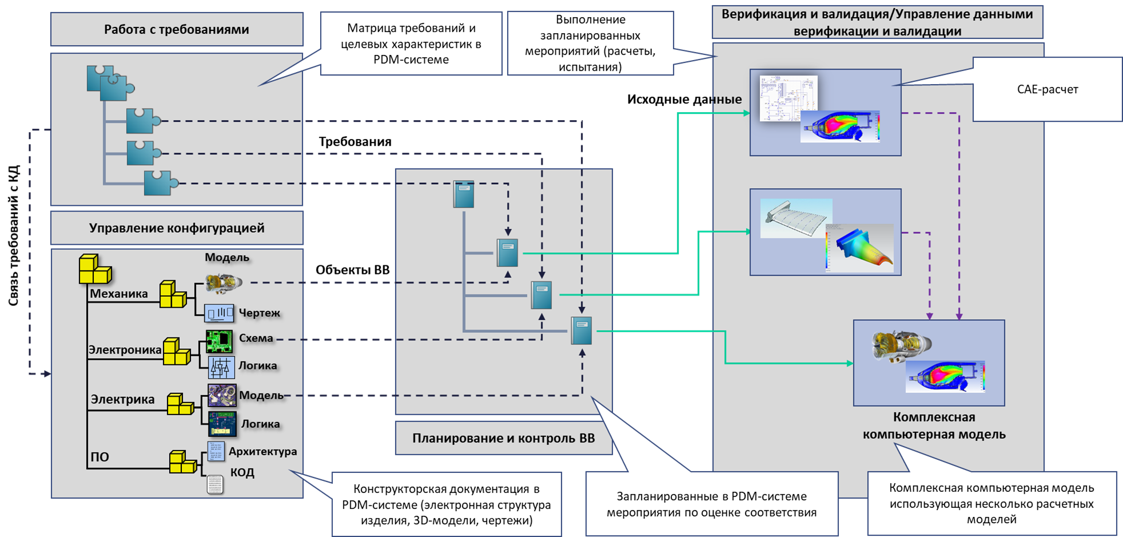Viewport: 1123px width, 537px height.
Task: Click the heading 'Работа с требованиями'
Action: click(176, 29)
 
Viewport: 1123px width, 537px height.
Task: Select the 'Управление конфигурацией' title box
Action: click(176, 228)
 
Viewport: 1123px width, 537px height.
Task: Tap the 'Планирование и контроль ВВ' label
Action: click(503, 438)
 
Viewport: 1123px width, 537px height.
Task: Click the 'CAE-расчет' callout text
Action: click(1047, 89)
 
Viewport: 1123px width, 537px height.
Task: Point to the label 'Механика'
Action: click(118, 294)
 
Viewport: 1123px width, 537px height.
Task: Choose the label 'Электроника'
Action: click(124, 350)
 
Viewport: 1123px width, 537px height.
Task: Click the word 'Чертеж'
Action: click(259, 313)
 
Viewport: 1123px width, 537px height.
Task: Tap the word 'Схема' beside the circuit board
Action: click(256, 338)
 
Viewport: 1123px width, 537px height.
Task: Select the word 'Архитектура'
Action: click(262, 451)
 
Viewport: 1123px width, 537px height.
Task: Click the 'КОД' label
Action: click(242, 472)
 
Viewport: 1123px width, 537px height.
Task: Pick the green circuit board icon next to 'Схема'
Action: click(219, 341)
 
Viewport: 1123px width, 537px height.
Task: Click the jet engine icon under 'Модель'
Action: click(224, 282)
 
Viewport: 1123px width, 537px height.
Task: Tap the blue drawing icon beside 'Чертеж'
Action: click(219, 313)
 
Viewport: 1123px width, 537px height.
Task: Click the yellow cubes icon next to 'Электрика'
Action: click(180, 404)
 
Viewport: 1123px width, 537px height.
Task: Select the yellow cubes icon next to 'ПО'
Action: click(183, 462)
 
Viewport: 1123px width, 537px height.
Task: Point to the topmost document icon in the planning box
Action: click(464, 194)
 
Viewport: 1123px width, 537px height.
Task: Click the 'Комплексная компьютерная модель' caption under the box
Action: click(934, 425)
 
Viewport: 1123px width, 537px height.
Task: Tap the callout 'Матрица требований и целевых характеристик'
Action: click(411, 43)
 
